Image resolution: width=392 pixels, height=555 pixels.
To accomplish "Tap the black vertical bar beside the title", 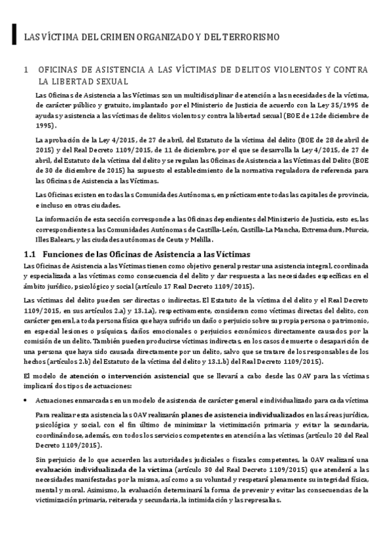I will [14, 36].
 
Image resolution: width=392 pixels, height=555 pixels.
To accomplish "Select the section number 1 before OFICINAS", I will [25, 69].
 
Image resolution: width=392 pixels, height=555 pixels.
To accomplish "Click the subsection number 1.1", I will [29, 254].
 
